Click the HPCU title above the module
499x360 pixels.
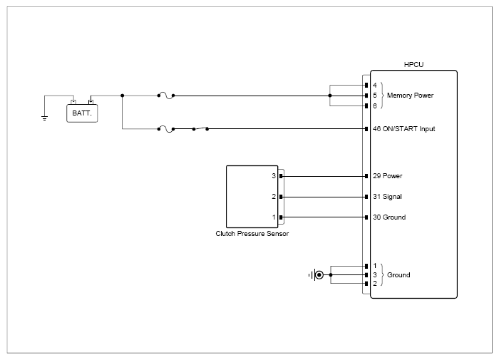pyautogui.click(x=413, y=64)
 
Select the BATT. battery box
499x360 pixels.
pyautogui.click(x=82, y=113)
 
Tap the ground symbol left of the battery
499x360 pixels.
pyautogui.click(x=44, y=118)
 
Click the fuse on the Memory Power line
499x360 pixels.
pyautogui.click(x=166, y=96)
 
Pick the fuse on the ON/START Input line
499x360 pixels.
pyautogui.click(x=166, y=128)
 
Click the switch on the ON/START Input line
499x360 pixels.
pyautogui.click(x=200, y=128)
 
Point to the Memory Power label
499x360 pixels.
pyautogui.click(x=410, y=96)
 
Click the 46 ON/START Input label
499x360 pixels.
pyautogui.click(x=404, y=128)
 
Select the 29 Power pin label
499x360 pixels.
pyautogui.click(x=388, y=175)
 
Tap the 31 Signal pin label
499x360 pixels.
pyautogui.click(x=387, y=196)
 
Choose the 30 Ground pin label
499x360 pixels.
pyautogui.click(x=389, y=217)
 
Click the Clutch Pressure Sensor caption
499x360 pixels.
pyautogui.click(x=252, y=234)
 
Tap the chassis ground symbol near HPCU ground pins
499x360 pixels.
pyautogui.click(x=317, y=274)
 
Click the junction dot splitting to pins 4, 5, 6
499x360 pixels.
pyautogui.click(x=330, y=96)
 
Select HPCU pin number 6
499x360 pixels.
pyautogui.click(x=375, y=106)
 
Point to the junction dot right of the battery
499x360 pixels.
pyautogui.click(x=122, y=96)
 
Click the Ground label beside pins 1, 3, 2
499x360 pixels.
pyautogui.click(x=398, y=274)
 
